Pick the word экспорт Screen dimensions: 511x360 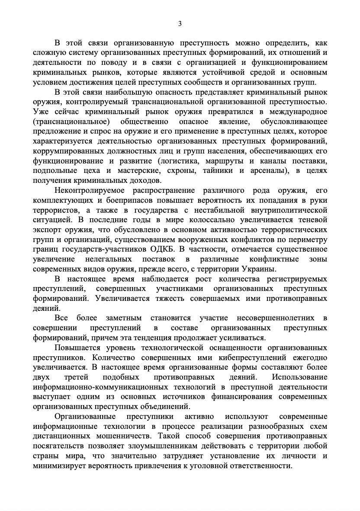(47, 229)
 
